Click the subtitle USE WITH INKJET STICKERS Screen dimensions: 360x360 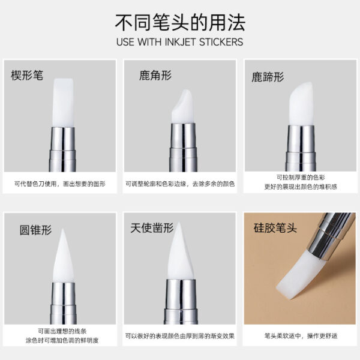(180, 43)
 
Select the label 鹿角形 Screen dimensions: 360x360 (155, 76)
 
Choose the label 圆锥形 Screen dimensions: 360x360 (35, 230)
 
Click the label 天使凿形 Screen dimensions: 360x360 (152, 228)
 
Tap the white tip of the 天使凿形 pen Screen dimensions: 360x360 (180, 258)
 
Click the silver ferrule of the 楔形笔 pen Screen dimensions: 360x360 (62, 148)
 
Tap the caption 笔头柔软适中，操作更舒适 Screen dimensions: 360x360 (298, 335)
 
